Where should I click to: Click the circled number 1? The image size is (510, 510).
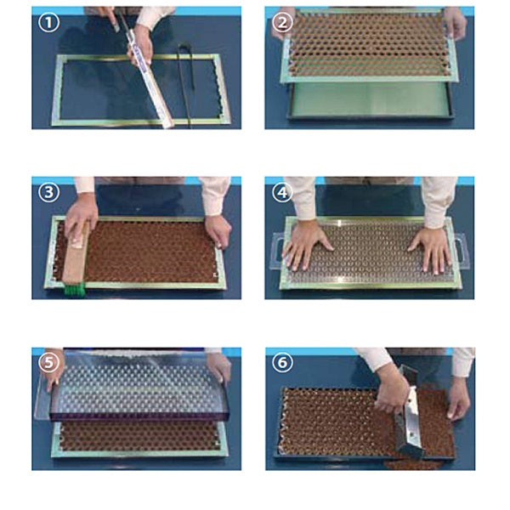(x=48, y=22)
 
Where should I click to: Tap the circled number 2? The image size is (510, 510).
(x=282, y=22)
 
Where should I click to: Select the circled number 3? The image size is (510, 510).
(x=48, y=192)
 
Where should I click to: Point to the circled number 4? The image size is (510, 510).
(x=282, y=192)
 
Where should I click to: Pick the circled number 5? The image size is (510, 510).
(x=48, y=362)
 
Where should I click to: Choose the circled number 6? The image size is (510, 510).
(x=282, y=362)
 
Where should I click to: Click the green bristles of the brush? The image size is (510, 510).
(x=75, y=288)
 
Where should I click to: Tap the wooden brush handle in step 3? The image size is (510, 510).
(x=76, y=253)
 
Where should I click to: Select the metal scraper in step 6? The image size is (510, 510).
(x=409, y=415)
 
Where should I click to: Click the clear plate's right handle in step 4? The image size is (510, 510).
(x=462, y=249)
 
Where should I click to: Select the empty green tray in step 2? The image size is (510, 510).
(x=370, y=100)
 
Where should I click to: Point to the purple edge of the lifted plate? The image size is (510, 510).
(x=140, y=416)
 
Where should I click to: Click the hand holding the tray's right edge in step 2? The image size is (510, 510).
(x=456, y=24)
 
